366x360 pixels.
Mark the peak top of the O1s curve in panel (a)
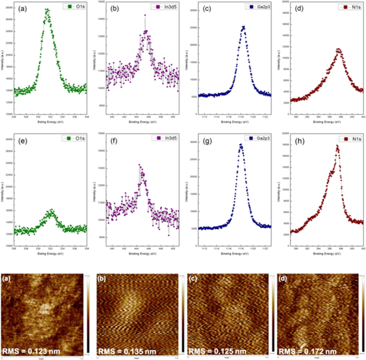(x=47, y=10)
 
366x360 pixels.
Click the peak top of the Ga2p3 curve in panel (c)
(x=243, y=27)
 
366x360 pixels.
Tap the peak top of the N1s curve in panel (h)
(x=337, y=146)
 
